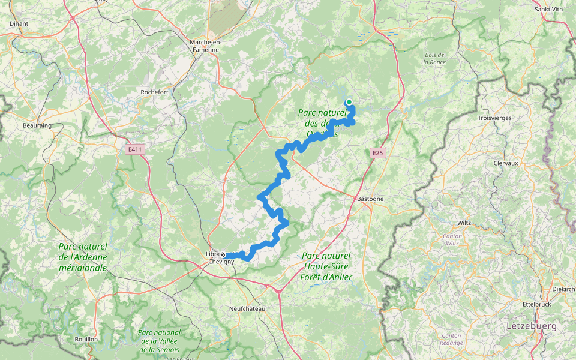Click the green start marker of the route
click(349, 102)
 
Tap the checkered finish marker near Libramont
click(223, 254)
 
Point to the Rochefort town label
click(154, 92)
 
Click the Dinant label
click(19, 23)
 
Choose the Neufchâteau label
click(247, 308)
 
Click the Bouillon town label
click(86, 339)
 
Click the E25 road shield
click(377, 154)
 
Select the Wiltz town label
click(464, 223)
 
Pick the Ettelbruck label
click(537, 304)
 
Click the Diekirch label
click(563, 289)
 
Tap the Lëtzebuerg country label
click(531, 326)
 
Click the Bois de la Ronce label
click(435, 58)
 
